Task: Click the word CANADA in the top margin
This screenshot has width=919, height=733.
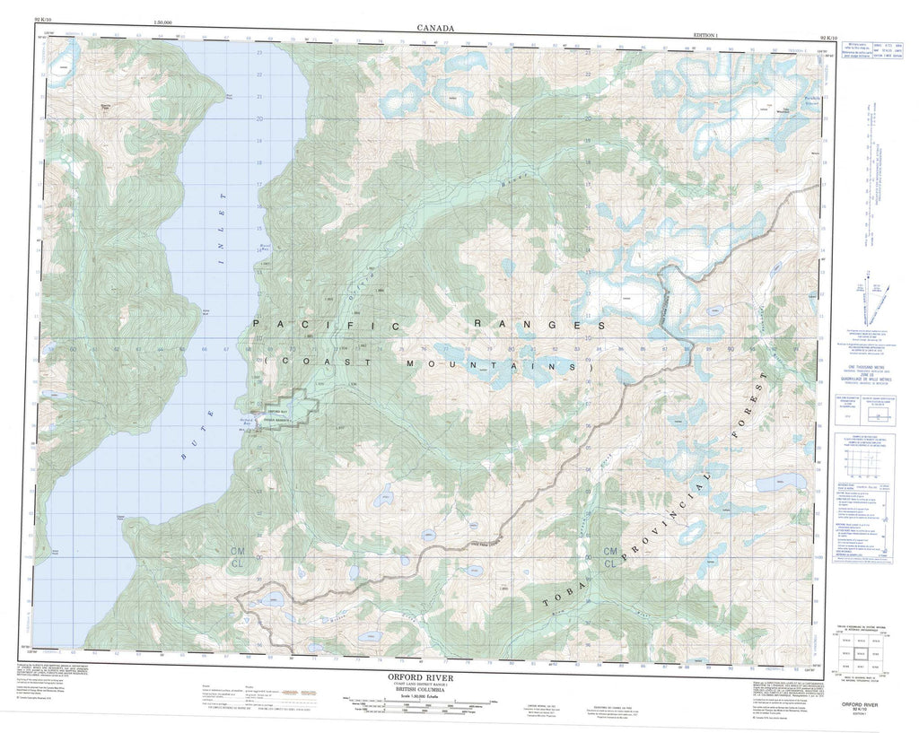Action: [x=435, y=29]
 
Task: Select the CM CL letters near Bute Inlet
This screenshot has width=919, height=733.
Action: [x=239, y=554]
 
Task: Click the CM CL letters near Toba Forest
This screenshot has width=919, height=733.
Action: [x=611, y=557]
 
